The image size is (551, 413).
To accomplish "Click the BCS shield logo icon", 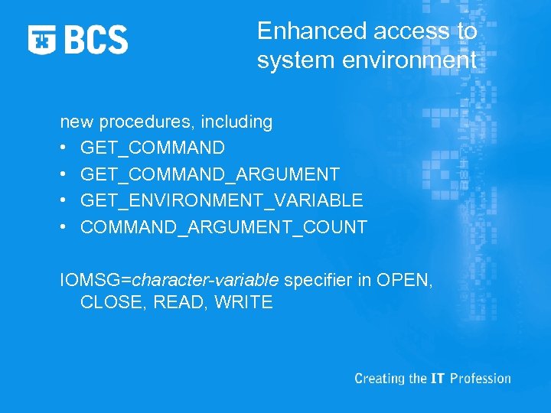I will [x=43, y=39].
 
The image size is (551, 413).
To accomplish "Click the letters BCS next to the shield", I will [x=96, y=39].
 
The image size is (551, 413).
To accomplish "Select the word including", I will [x=236, y=122].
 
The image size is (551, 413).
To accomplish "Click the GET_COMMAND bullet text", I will [x=152, y=148].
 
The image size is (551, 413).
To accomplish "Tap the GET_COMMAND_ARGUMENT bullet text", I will [x=210, y=174].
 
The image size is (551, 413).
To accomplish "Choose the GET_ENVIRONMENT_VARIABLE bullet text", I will [x=221, y=201].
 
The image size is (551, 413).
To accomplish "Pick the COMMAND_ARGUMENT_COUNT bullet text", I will [x=223, y=227].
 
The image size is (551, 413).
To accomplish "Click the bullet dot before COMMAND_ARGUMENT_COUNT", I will [x=64, y=228].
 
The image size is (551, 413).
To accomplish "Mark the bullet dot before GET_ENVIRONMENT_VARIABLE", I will [x=64, y=201].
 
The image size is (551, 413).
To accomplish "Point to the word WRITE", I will [x=243, y=302].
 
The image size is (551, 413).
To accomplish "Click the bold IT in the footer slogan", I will [x=437, y=379].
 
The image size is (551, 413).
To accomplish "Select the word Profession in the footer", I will [x=480, y=379].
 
